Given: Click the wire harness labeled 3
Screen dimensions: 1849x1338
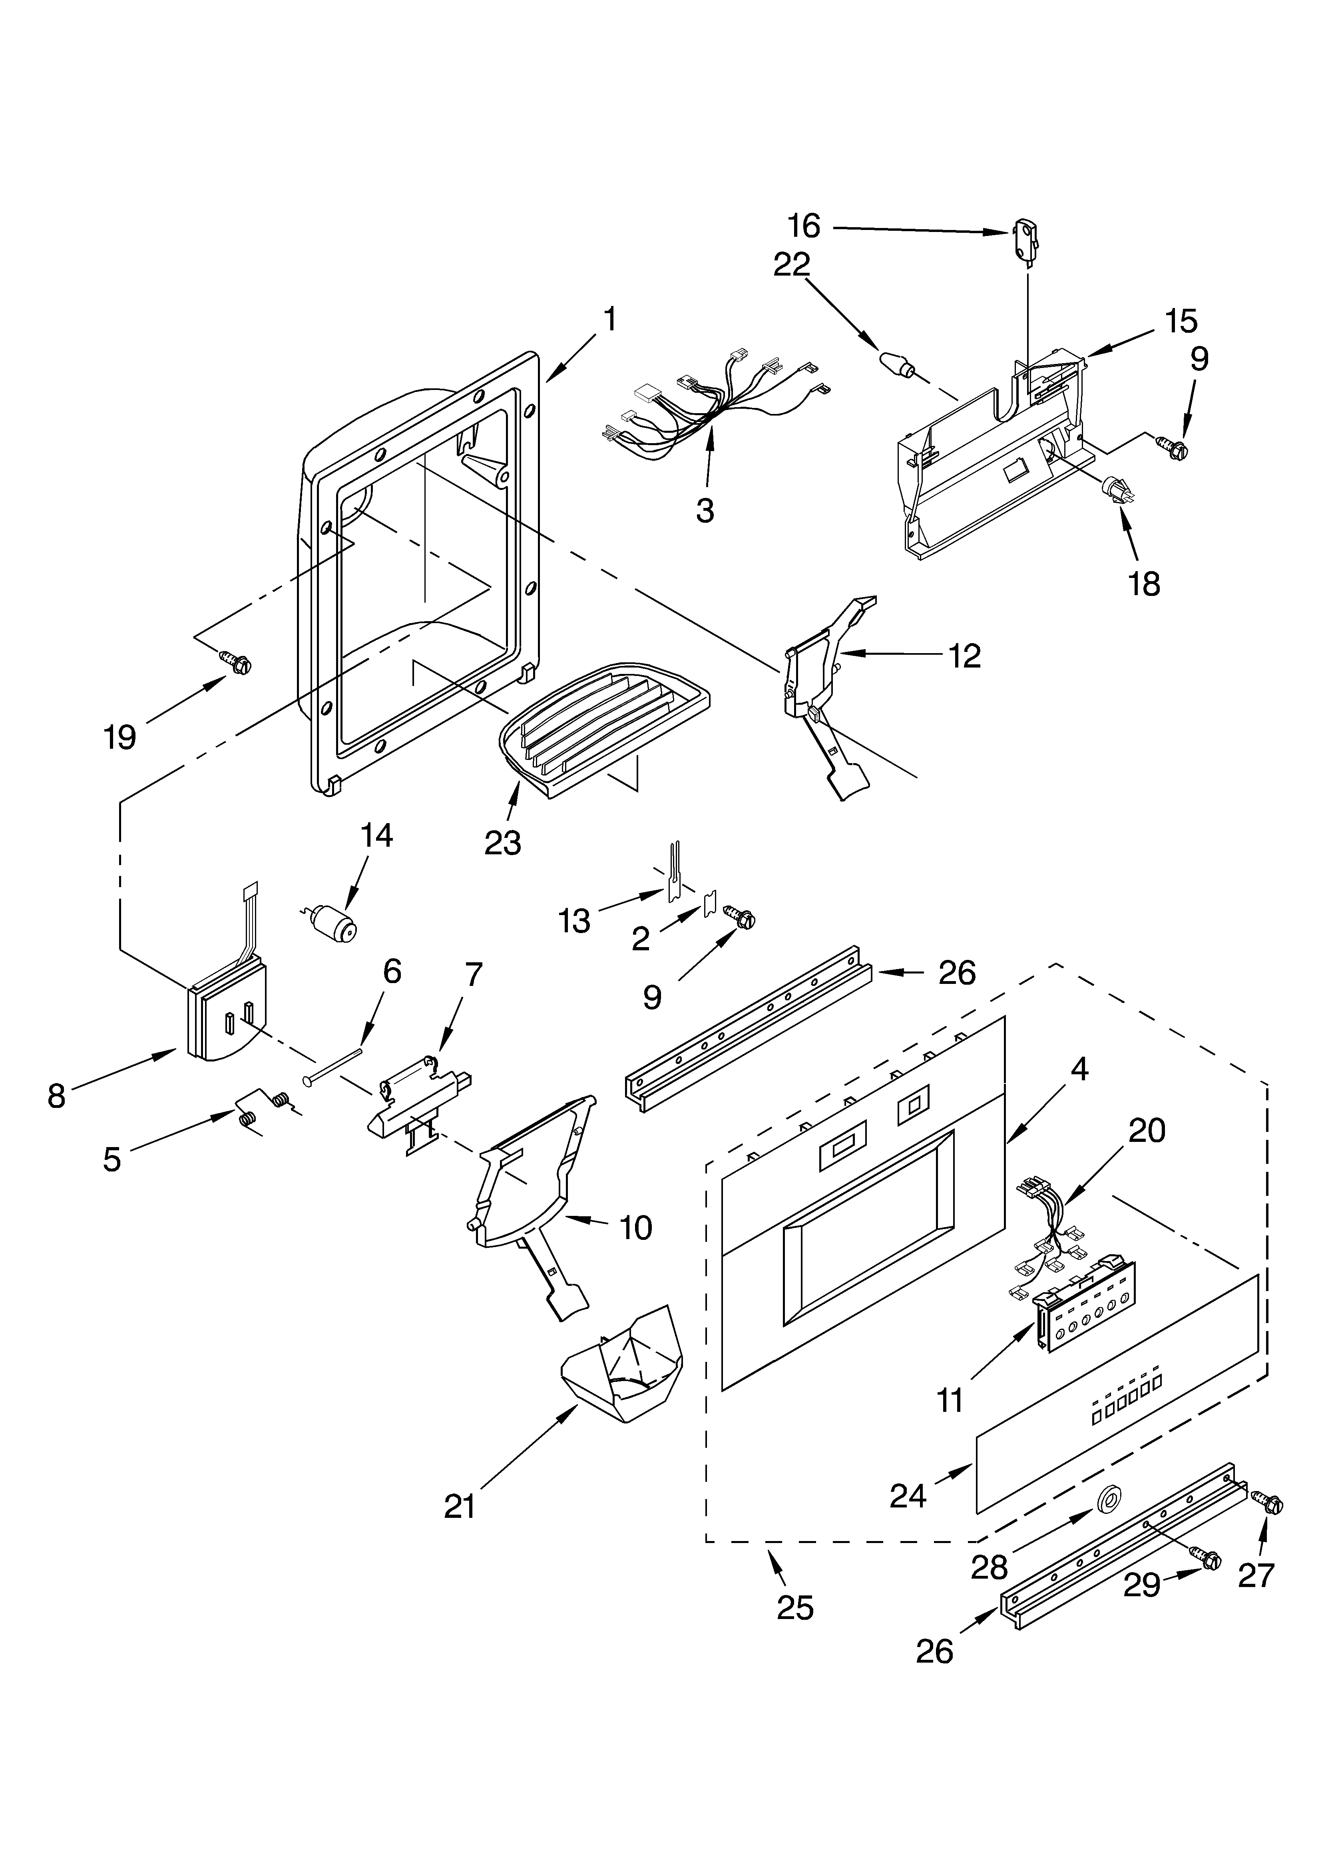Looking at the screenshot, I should (x=709, y=412).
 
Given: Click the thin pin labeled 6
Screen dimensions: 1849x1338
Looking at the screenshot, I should (x=334, y=1063).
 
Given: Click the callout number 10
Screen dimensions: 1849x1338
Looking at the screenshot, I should (x=635, y=1250).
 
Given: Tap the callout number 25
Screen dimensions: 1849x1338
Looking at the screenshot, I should (x=795, y=1608).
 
